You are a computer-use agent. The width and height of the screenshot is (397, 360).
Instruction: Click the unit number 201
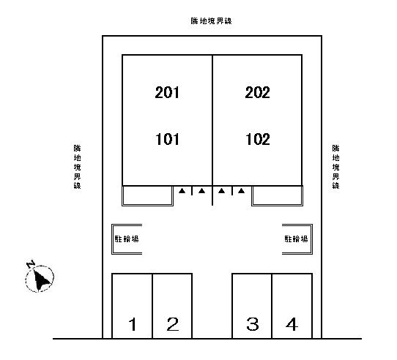(167, 92)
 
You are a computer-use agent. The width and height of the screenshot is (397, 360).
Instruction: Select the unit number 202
(258, 92)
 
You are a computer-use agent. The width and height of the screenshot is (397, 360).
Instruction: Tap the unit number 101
(167, 139)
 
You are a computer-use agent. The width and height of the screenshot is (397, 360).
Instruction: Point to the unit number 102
(258, 139)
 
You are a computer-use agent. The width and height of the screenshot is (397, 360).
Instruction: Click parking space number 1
(133, 324)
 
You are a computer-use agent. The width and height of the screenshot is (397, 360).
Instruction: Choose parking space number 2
(173, 324)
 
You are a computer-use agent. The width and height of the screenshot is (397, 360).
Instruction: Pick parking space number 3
(253, 324)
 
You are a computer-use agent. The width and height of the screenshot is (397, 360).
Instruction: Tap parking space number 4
(292, 324)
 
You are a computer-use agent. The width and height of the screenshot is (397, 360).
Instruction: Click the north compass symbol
(40, 279)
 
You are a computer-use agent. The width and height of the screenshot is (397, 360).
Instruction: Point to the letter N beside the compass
(31, 264)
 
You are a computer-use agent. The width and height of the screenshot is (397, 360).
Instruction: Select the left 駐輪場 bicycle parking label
(127, 239)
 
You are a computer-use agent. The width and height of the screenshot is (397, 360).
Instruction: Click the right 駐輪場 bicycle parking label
(296, 239)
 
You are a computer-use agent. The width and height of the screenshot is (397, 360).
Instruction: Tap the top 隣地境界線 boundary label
(211, 20)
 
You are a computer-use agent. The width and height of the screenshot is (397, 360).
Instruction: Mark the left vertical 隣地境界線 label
(77, 167)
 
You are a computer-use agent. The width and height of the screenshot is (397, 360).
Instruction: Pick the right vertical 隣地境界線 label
(335, 167)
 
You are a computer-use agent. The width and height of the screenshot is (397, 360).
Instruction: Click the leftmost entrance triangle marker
(182, 191)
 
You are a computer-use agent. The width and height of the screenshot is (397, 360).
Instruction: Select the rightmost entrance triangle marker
(241, 191)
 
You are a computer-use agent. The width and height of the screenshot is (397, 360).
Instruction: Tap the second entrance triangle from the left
(201, 191)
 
